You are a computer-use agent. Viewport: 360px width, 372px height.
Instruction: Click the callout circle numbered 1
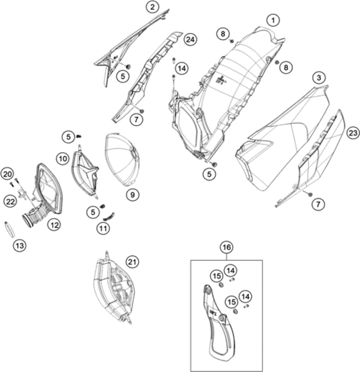click(x=273, y=20)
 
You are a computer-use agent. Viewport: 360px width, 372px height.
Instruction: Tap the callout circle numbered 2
click(x=152, y=7)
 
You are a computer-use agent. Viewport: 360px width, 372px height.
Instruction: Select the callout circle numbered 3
click(x=319, y=77)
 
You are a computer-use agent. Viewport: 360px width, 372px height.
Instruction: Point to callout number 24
click(x=190, y=40)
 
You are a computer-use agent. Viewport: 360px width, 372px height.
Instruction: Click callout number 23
click(x=353, y=133)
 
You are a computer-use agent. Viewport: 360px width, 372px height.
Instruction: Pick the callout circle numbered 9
click(x=133, y=195)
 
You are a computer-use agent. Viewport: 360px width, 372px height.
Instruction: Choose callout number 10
click(x=63, y=158)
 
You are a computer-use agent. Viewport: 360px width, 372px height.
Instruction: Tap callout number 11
click(x=103, y=229)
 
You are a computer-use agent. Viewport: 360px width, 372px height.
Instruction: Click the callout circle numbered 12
click(x=54, y=224)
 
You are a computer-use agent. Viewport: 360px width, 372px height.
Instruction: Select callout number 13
click(x=19, y=245)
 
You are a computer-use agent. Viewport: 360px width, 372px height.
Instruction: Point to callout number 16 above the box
click(x=227, y=247)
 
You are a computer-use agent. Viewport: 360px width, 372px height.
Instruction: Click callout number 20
click(x=7, y=175)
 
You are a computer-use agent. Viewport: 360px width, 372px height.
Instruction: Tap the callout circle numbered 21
click(x=132, y=262)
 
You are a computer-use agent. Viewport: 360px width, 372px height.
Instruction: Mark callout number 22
click(x=10, y=202)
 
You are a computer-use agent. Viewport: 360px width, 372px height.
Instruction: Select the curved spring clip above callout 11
click(x=109, y=217)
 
